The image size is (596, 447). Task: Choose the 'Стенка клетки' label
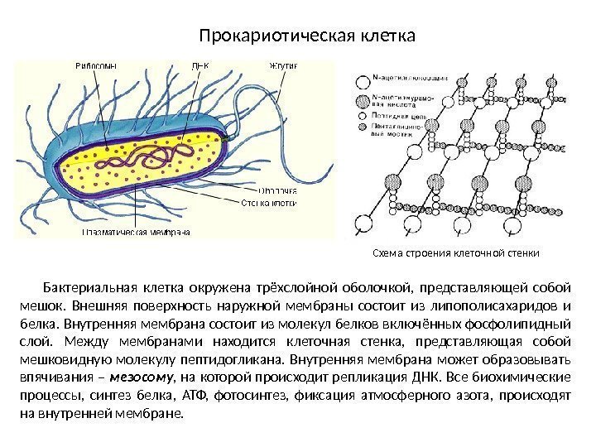[x=270, y=202]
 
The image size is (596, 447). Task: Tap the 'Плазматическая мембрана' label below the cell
[x=137, y=233]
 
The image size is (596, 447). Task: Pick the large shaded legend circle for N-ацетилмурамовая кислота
[x=362, y=101]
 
